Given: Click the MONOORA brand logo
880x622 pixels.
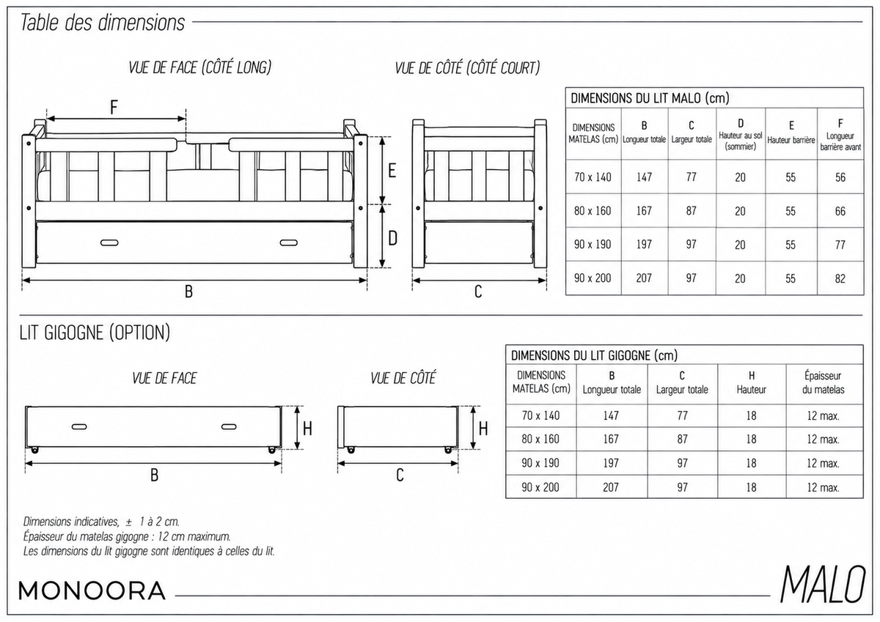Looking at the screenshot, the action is point(92,590).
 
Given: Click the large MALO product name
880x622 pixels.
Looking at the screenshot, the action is point(823,584).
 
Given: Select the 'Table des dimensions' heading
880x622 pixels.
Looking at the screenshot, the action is point(102,23).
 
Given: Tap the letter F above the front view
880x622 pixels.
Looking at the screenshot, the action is point(114,107).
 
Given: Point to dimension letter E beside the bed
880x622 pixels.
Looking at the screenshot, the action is point(392,171).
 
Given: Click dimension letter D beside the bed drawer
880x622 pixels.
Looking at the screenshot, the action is point(392,238).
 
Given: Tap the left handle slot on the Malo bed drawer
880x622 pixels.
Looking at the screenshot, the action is point(109,242).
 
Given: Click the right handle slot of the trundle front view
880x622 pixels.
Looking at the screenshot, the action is point(229,426).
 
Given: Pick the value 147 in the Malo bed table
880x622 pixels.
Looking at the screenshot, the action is point(644,177).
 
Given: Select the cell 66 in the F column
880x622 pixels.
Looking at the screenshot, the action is point(840,211).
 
